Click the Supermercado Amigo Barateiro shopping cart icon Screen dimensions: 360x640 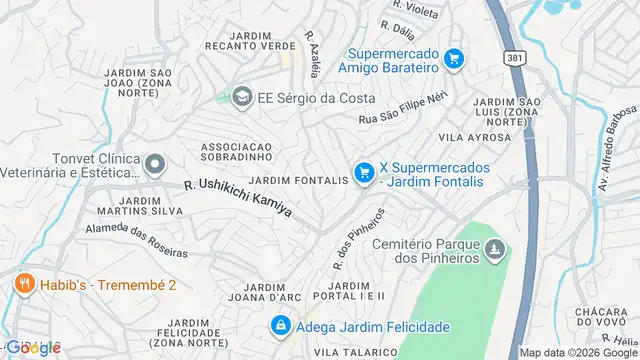click(x=454, y=59)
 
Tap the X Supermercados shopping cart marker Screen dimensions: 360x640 click(x=363, y=173)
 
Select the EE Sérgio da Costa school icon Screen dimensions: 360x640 click(x=241, y=97)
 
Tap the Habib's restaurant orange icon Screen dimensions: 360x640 click(x=24, y=285)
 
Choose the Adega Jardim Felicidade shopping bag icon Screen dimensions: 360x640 click(x=281, y=326)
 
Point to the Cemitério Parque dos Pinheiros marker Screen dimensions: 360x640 click(x=495, y=246)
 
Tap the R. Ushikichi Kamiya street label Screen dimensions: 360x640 click(x=238, y=198)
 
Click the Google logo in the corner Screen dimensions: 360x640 click(x=33, y=346)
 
